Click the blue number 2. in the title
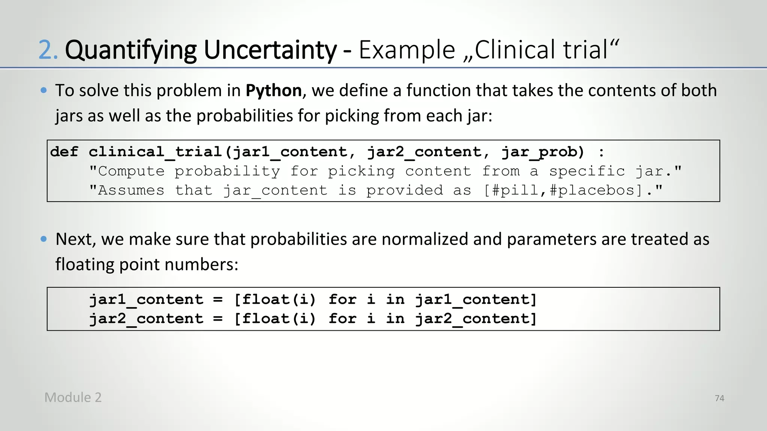(48, 50)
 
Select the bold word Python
(274, 91)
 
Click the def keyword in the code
(64, 152)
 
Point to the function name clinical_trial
(156, 152)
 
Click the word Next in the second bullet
(75, 239)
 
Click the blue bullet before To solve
(44, 90)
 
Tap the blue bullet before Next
(44, 239)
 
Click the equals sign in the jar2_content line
(218, 319)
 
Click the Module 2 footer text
(73, 397)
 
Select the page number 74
(719, 398)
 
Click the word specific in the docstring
(587, 171)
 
